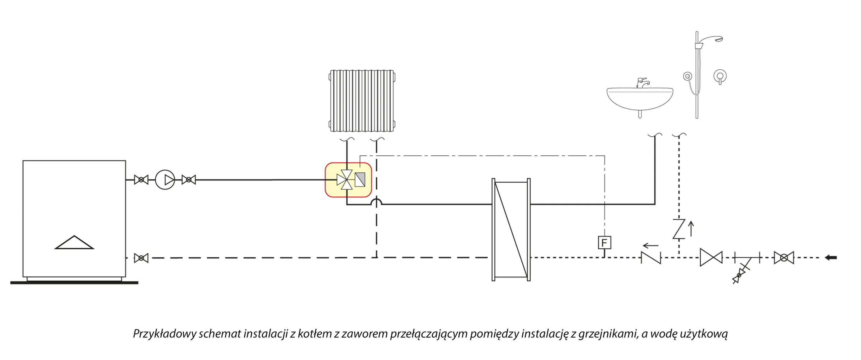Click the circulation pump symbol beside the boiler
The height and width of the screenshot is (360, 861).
[165, 180]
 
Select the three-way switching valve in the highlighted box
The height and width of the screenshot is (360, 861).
[345, 179]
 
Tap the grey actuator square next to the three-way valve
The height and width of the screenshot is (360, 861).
[360, 179]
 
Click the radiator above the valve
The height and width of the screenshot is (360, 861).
[362, 101]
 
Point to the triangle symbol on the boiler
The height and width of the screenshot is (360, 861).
[74, 243]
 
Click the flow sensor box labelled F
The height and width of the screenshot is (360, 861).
[604, 243]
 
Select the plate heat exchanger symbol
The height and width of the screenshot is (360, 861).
[511, 229]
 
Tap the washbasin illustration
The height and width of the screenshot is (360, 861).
[640, 99]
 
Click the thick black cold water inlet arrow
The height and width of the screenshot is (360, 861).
[831, 257]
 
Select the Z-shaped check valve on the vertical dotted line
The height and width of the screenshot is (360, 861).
[679, 229]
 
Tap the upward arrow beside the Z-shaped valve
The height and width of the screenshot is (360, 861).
[691, 229]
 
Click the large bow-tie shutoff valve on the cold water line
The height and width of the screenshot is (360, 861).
[711, 257]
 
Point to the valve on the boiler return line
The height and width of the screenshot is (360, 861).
[141, 258]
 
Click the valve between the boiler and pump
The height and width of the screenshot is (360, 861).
[141, 179]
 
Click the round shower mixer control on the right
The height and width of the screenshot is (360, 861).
[720, 76]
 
